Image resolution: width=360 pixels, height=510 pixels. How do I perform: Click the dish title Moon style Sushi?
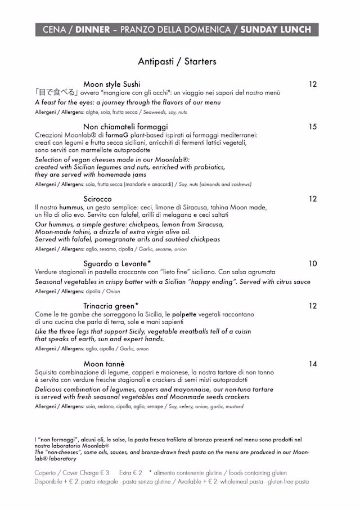112,84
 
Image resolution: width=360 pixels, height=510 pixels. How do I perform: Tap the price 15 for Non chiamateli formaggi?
313,127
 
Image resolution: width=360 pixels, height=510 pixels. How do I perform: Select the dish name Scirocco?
97,199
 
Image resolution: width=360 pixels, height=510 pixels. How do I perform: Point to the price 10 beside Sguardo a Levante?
313,263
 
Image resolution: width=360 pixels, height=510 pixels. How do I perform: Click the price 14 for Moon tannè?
313,364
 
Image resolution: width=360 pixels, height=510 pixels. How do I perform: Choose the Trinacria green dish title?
111,306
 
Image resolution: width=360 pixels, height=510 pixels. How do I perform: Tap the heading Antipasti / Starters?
177,61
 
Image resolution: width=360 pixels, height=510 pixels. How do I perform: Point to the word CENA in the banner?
54,30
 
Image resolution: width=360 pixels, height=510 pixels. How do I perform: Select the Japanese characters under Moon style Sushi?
56,93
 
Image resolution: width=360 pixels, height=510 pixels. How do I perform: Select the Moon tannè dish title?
104,364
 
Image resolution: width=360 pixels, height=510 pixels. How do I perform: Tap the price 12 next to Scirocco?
313,199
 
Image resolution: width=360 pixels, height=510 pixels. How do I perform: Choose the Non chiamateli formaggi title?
125,127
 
